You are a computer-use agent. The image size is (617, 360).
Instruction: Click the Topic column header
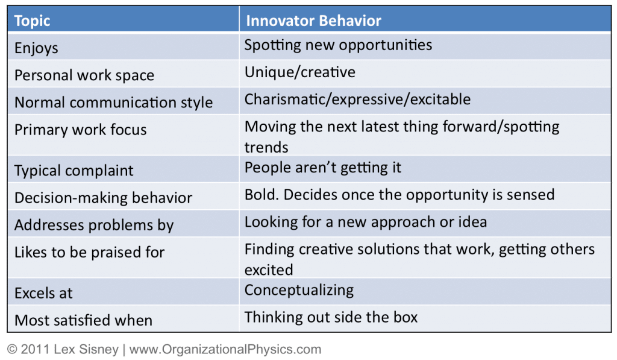(33, 21)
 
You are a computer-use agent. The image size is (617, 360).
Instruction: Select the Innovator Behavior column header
(313, 21)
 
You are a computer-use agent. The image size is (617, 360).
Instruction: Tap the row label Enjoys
(36, 48)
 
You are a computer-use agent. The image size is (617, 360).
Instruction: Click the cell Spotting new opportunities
(338, 45)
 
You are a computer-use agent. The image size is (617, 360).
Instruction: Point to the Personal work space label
(84, 75)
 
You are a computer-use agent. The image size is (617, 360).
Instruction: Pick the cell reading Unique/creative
(300, 72)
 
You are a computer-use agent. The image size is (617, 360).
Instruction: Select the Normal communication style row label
(113, 103)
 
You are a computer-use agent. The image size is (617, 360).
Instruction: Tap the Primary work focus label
(80, 130)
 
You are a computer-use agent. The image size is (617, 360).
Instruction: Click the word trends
(266, 147)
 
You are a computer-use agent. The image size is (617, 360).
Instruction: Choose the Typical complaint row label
(74, 171)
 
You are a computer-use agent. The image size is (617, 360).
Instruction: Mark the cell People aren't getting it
(323, 168)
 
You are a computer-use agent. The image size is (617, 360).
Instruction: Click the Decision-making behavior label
(104, 198)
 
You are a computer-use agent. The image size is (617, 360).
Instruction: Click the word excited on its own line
(269, 270)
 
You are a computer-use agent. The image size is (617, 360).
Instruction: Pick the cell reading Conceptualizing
(299, 290)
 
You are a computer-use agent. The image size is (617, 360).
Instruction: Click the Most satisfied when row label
(83, 320)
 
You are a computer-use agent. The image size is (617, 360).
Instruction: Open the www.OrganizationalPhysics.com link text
(225, 349)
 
